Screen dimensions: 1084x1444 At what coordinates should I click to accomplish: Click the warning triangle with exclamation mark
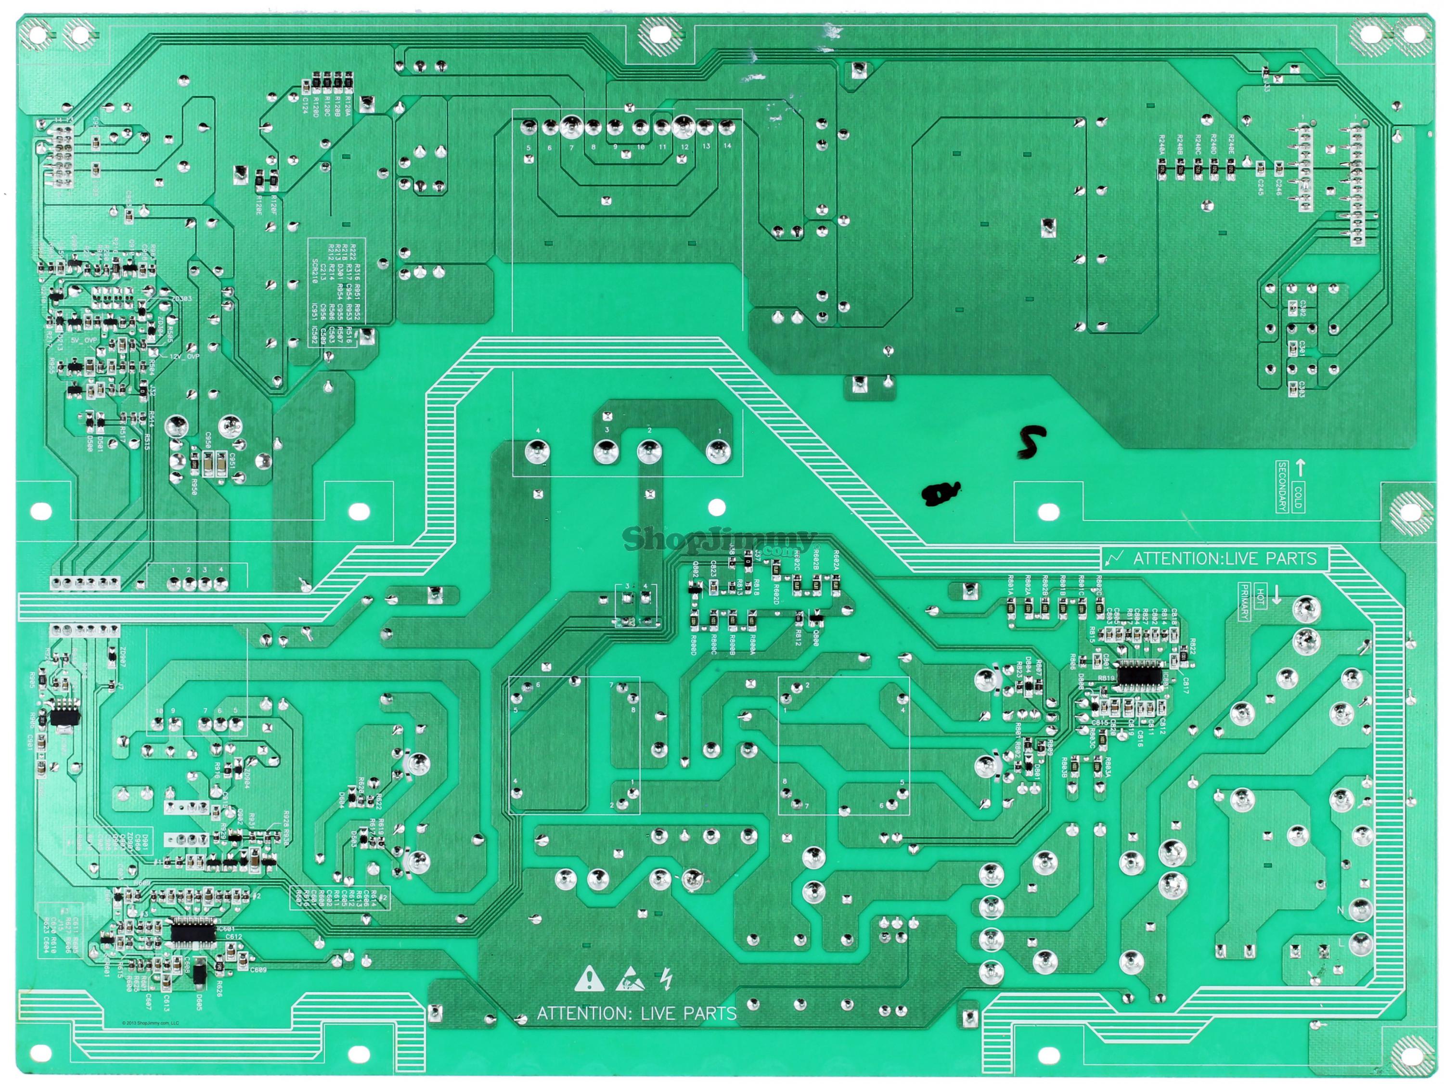point(589,980)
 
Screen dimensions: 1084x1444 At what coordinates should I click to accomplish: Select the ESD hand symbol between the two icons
point(629,980)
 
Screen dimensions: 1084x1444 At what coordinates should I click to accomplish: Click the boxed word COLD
point(1298,497)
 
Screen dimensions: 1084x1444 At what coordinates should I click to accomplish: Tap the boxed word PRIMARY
point(1244,601)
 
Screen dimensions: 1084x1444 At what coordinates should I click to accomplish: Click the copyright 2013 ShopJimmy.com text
point(150,1022)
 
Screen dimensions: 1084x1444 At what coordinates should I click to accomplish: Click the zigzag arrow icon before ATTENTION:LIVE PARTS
point(1115,558)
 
